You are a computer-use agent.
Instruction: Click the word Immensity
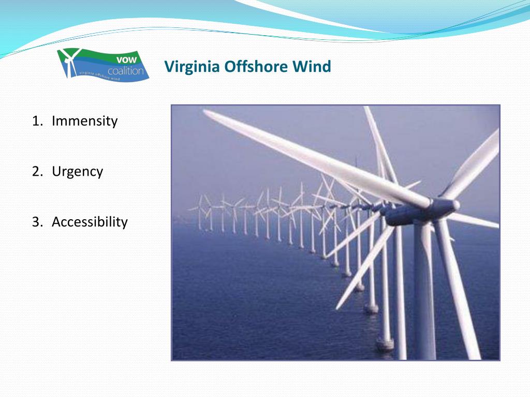point(85,121)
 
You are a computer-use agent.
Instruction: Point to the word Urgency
point(78,172)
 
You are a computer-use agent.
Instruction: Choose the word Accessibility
point(90,222)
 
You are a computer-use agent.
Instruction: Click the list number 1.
point(36,121)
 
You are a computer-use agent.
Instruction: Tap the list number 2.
point(36,172)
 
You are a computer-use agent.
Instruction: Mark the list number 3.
point(36,222)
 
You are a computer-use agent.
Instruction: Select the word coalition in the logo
point(126,70)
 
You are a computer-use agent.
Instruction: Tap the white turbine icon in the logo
point(69,61)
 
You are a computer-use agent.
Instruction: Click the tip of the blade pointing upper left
point(207,113)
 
